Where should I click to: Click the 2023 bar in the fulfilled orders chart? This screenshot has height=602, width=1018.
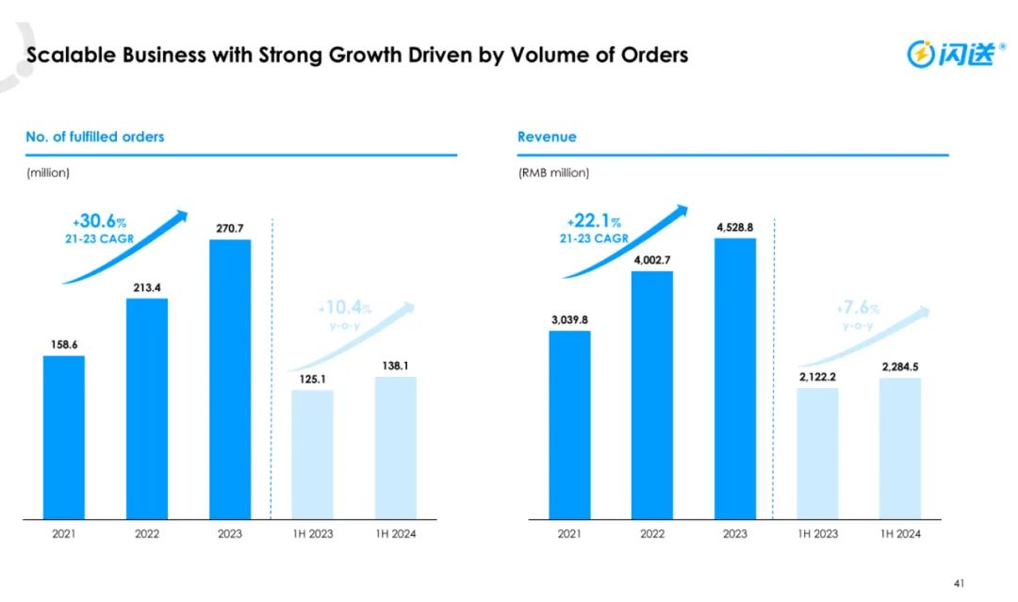(230, 379)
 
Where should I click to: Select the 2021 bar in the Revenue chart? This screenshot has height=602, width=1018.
(569, 424)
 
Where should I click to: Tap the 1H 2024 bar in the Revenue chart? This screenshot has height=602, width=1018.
(900, 447)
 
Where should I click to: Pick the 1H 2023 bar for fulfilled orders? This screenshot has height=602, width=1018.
(312, 454)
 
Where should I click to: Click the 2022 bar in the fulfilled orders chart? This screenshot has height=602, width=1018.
(147, 408)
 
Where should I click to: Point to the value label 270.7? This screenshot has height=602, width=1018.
(230, 228)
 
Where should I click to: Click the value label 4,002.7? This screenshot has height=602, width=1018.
(652, 259)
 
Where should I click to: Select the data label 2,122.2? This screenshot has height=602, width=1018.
(817, 377)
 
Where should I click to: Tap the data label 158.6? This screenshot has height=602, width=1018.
(64, 344)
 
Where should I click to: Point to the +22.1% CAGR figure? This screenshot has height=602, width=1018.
(594, 221)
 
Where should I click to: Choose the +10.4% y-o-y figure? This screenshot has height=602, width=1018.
(345, 308)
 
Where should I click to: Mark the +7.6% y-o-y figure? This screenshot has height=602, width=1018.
(857, 308)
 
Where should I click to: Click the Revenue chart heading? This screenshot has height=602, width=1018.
(547, 137)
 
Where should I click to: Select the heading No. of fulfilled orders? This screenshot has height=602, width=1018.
(95, 137)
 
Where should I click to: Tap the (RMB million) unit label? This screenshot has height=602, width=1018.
(553, 172)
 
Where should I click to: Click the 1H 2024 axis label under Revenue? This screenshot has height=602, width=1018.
(900, 534)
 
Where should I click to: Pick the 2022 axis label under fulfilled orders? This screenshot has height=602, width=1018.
(147, 534)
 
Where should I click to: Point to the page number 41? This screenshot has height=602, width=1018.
(960, 583)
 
